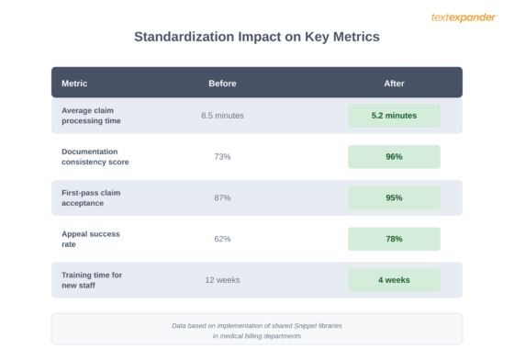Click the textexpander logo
point(464,17)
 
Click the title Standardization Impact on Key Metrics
point(257,38)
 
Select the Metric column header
point(74,83)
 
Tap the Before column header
point(222,83)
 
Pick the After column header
point(394,83)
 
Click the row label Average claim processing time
point(91,116)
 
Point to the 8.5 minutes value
point(222,116)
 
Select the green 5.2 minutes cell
point(394,116)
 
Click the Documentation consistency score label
point(95,156)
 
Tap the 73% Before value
point(222,156)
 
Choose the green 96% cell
point(394,156)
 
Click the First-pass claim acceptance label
point(91,197)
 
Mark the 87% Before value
point(222,197)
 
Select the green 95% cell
point(394,197)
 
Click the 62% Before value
point(222,239)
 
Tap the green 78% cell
point(394,239)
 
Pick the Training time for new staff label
point(92,280)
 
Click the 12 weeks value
point(222,280)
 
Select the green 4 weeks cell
point(394,280)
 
